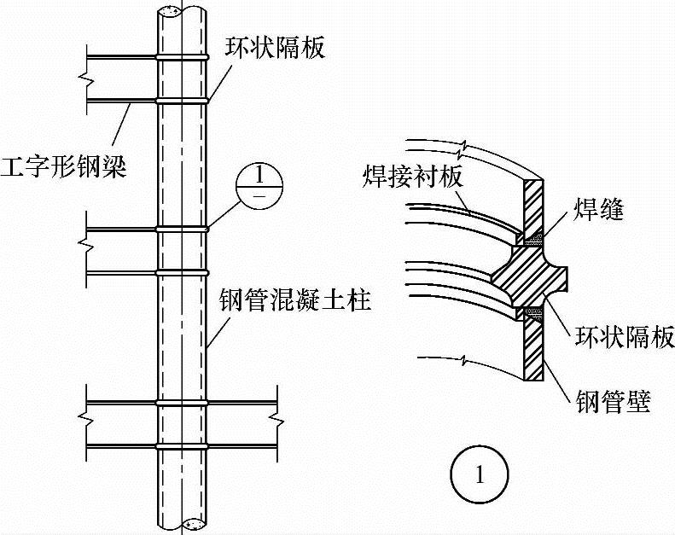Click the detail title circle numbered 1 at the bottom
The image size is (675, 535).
coord(480,474)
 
